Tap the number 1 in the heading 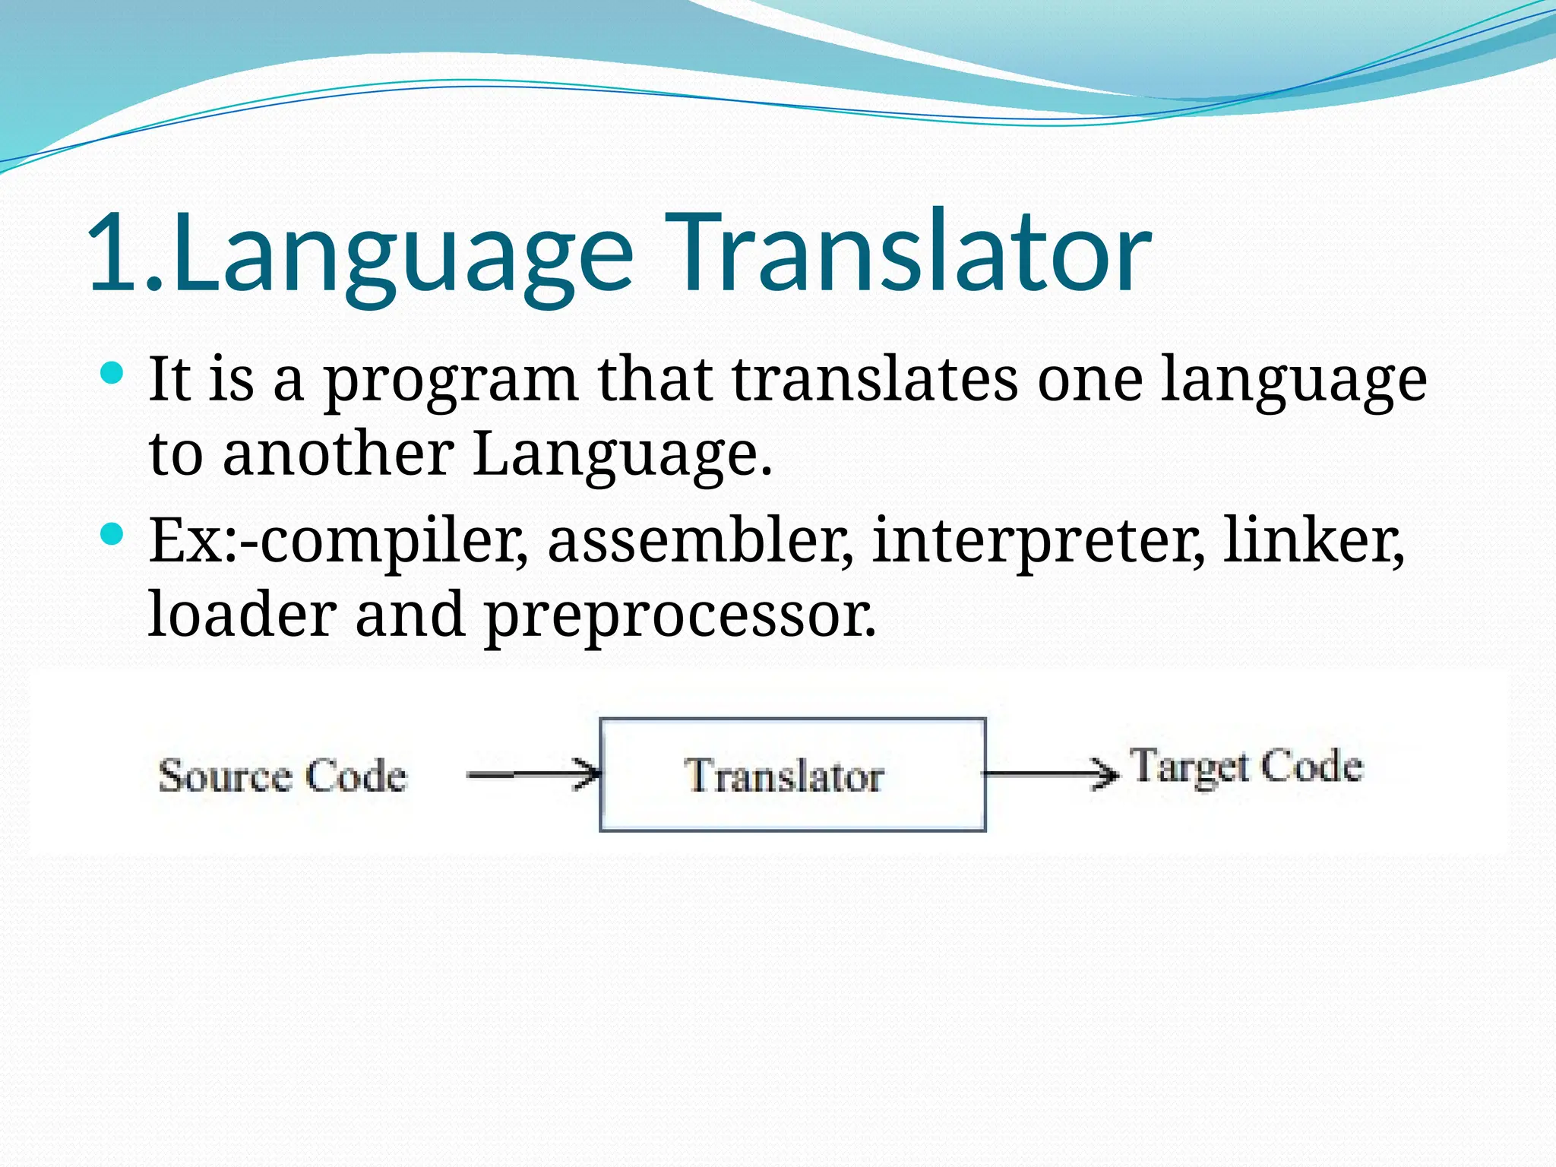click(x=114, y=252)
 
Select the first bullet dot click(x=112, y=373)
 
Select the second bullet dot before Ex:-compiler click(x=112, y=534)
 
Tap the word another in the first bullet click(x=338, y=454)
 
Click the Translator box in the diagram click(x=792, y=775)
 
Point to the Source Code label click(x=282, y=776)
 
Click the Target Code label click(x=1247, y=767)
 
